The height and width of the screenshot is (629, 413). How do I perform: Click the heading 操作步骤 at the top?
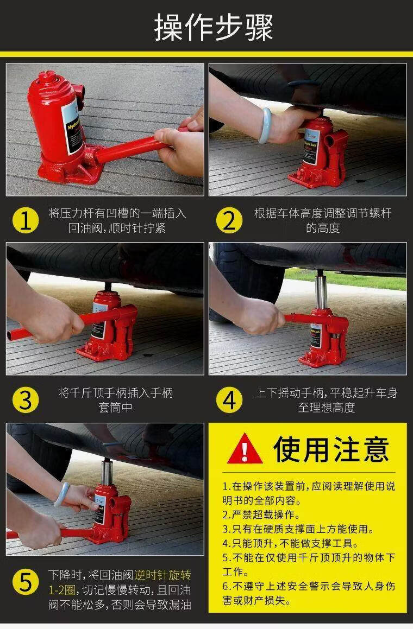(x=214, y=27)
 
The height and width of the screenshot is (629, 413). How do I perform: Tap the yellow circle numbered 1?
(x=26, y=220)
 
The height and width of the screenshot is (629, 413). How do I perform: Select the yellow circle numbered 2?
(x=229, y=220)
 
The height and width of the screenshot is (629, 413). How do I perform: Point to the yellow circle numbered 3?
(x=26, y=400)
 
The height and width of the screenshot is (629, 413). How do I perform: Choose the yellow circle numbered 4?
(x=229, y=400)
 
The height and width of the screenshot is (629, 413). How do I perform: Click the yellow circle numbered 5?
(x=26, y=582)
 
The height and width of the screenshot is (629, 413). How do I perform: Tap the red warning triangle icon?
(x=245, y=448)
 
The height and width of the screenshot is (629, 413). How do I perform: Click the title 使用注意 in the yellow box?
(x=331, y=449)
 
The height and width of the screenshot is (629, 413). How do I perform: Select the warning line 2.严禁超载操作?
(x=261, y=514)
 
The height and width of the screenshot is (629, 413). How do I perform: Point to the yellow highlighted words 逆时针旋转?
(x=162, y=575)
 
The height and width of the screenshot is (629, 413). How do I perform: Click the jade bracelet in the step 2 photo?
(x=265, y=125)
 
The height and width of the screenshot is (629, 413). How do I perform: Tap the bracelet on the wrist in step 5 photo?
(x=61, y=494)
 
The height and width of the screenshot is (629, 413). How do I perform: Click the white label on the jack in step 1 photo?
(x=73, y=127)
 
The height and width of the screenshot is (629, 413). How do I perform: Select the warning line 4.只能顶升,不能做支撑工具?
(x=290, y=543)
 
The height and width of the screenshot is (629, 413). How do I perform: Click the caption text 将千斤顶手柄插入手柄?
(x=116, y=392)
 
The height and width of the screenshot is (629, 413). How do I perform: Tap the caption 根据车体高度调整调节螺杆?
(x=323, y=213)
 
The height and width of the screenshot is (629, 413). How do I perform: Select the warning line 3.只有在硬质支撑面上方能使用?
(x=298, y=529)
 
